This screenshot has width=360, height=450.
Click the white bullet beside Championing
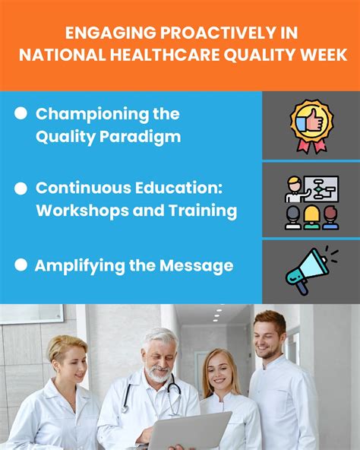pyautogui.click(x=21, y=113)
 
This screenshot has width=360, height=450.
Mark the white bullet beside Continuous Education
pyautogui.click(x=21, y=187)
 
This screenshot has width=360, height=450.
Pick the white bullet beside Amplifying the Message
pyautogui.click(x=21, y=265)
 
